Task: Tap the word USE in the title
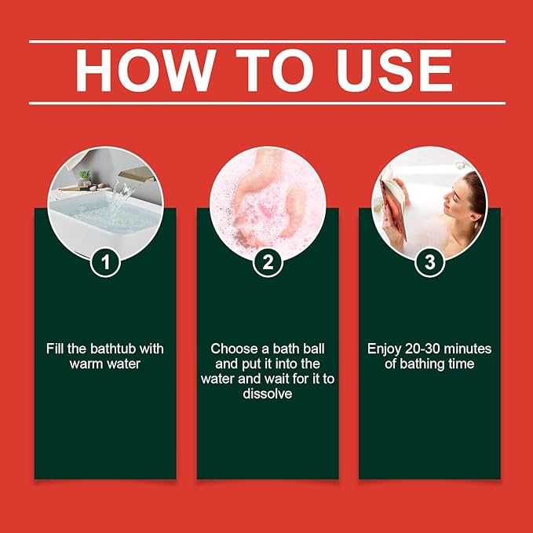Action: click(x=393, y=71)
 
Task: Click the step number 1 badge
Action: click(x=105, y=262)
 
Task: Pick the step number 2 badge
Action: click(x=268, y=262)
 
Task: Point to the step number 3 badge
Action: click(x=429, y=262)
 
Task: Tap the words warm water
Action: click(x=105, y=364)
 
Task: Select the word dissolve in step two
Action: click(x=268, y=393)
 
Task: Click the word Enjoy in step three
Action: click(x=384, y=349)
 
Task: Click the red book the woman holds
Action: click(x=395, y=208)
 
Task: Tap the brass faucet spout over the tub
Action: click(x=137, y=175)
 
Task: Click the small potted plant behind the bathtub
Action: click(x=84, y=177)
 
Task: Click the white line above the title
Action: click(x=267, y=42)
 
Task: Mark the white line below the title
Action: click(x=267, y=103)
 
